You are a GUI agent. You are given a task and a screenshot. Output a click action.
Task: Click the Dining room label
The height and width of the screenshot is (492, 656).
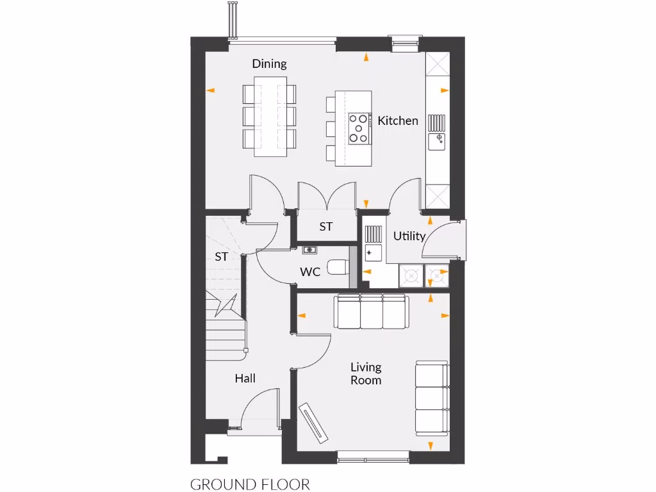click(x=269, y=64)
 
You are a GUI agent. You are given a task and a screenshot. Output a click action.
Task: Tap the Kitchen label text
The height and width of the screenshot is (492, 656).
click(x=397, y=120)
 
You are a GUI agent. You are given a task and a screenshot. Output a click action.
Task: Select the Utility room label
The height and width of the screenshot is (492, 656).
click(x=409, y=236)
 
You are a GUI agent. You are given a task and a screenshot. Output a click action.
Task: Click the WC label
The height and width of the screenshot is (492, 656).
click(x=310, y=272)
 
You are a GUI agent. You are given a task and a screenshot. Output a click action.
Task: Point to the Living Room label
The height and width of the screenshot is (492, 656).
click(x=366, y=373)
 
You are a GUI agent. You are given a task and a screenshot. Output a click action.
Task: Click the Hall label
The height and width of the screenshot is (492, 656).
click(x=245, y=379)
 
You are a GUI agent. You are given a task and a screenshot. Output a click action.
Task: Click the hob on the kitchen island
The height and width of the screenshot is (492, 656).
click(x=359, y=128)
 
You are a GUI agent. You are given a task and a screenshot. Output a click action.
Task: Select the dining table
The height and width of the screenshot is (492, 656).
click(x=270, y=117)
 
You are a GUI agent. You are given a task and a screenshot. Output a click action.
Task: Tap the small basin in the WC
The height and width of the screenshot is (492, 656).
click(x=310, y=249)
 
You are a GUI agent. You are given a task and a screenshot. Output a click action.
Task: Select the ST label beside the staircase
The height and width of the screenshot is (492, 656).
click(x=222, y=258)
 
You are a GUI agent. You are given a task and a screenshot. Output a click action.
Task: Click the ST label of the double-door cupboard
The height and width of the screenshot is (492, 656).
click(x=326, y=227)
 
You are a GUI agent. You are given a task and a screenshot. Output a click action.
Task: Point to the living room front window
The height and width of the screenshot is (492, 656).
click(x=373, y=455)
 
